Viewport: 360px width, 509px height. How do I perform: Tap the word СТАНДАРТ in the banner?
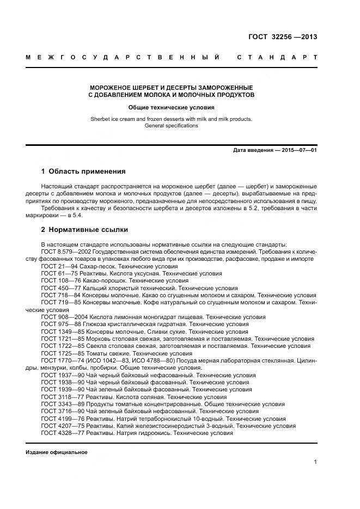[276, 58]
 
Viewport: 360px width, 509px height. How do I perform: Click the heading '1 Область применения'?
[83, 171]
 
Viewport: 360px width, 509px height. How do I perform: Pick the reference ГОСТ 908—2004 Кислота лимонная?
[153, 317]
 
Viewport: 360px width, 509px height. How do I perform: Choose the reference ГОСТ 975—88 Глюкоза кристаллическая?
[144, 324]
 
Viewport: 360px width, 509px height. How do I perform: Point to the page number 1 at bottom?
[315, 462]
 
